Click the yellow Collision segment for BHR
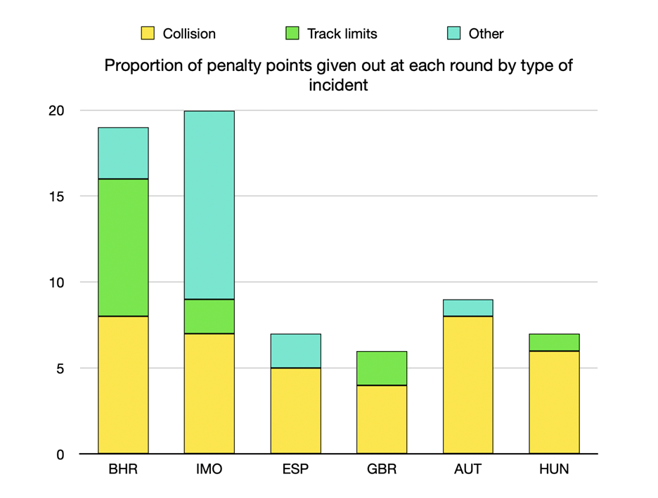pyautogui.click(x=123, y=385)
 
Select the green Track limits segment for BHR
pyautogui.click(x=123, y=248)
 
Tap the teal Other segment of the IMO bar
pyautogui.click(x=209, y=205)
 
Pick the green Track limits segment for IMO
pyautogui.click(x=209, y=317)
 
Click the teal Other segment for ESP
pyautogui.click(x=295, y=351)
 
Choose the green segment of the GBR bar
pyautogui.click(x=382, y=368)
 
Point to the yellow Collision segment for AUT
pyautogui.click(x=468, y=385)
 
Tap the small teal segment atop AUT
pyautogui.click(x=468, y=308)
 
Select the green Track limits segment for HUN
pyautogui.click(x=554, y=343)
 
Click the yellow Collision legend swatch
pyautogui.click(x=148, y=33)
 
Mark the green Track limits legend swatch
pyautogui.click(x=292, y=33)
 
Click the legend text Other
pyautogui.click(x=486, y=34)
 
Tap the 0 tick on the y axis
pyautogui.click(x=60, y=454)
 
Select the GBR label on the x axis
pyautogui.click(x=382, y=470)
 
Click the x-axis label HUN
pyautogui.click(x=554, y=470)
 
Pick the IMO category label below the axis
pyautogui.click(x=209, y=470)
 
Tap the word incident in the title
pyautogui.click(x=338, y=86)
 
